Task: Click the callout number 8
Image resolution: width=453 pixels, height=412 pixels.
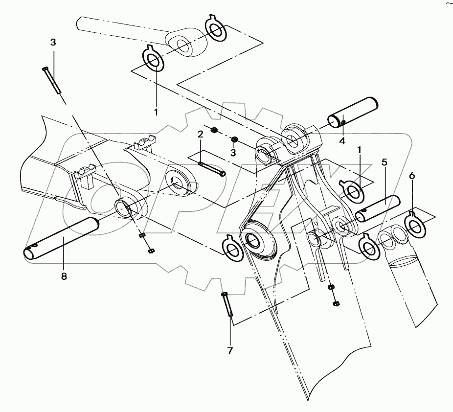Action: (63, 276)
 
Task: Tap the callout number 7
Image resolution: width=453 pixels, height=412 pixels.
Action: (229, 350)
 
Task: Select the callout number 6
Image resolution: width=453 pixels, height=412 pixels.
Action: (412, 175)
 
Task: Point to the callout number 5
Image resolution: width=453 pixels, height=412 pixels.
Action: (385, 161)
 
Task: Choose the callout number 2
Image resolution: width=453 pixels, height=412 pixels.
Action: (200, 134)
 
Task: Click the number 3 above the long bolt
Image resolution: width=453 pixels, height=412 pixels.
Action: (53, 42)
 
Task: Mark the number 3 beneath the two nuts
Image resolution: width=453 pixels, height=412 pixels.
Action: (233, 153)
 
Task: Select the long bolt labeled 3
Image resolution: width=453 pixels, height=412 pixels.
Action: (51, 80)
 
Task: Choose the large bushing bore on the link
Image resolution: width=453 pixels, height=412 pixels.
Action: (253, 240)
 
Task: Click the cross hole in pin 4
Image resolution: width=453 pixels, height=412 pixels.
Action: (343, 122)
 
